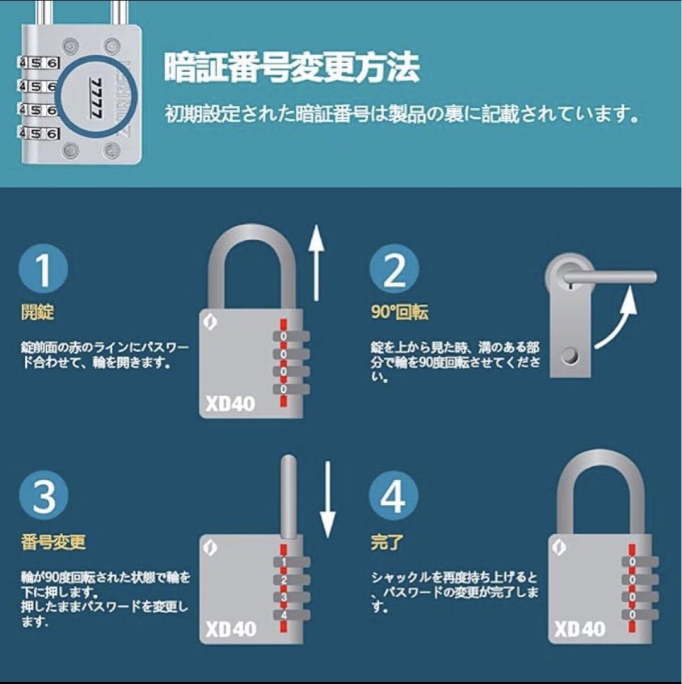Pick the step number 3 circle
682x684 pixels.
43,496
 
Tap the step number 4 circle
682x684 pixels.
393,496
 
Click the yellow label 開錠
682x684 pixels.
38,312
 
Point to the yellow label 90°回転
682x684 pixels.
399,312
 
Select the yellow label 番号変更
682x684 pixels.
53,543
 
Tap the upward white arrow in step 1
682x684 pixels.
316,263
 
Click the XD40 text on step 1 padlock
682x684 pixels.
230,404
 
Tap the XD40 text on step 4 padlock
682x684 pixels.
579,629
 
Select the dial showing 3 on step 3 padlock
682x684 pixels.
291,597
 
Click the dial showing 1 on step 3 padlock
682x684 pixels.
291,562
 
